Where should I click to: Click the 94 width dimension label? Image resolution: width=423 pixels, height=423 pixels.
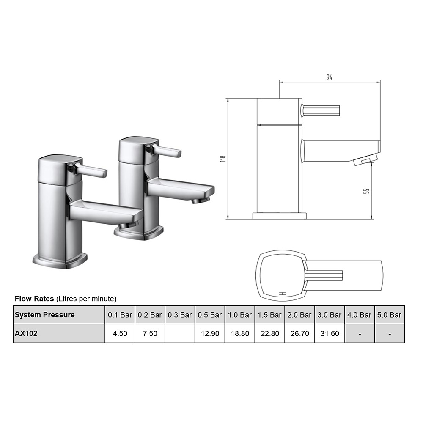(x=329, y=77)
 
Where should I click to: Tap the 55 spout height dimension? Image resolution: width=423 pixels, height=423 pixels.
(x=367, y=191)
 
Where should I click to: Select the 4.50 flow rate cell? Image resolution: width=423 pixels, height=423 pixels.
(x=120, y=333)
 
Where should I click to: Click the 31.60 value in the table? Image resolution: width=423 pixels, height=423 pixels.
(x=330, y=333)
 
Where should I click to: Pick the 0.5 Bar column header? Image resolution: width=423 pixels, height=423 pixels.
(x=209, y=315)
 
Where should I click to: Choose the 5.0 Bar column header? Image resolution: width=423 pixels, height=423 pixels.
(x=389, y=315)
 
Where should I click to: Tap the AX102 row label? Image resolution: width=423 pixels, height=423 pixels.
(x=26, y=333)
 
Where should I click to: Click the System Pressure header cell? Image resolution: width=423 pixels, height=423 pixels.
(x=45, y=315)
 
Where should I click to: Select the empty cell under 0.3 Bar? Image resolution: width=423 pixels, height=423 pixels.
(x=180, y=333)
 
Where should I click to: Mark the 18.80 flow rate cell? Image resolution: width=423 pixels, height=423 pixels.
(x=239, y=333)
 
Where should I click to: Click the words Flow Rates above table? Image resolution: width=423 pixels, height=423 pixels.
(x=34, y=299)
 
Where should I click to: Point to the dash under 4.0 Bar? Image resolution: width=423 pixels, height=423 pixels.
(x=359, y=333)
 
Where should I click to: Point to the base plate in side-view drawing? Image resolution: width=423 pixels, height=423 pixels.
(x=279, y=215)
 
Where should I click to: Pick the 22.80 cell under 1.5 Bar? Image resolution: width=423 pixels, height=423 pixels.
(x=269, y=333)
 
